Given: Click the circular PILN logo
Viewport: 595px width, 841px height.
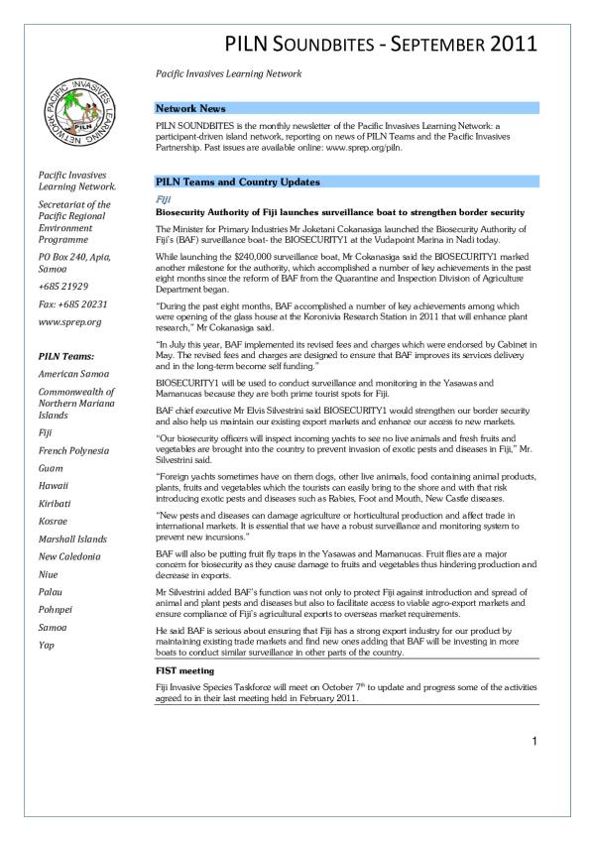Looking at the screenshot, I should pos(75,113).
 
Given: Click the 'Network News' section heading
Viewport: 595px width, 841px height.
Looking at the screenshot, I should pos(190,108).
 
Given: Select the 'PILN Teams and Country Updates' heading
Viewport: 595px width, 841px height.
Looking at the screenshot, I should pos(238,182).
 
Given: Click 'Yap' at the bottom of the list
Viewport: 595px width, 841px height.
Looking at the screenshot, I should pos(47,646).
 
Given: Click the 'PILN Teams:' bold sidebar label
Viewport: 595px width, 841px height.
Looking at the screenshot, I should pos(65,354).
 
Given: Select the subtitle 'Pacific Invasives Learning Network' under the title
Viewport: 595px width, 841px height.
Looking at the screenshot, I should pos(228,74).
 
